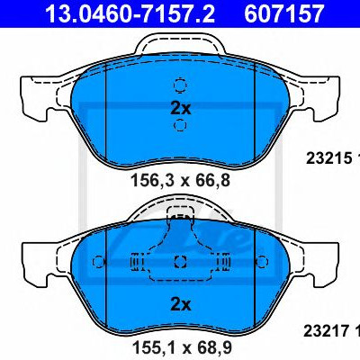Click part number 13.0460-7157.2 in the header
130,14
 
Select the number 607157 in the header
283,14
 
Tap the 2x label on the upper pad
180,108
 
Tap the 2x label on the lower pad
180,305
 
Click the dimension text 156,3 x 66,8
181,181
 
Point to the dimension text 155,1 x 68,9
182,347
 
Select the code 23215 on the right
328,158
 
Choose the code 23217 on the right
326,331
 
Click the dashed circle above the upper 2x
180,85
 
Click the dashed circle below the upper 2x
180,125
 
